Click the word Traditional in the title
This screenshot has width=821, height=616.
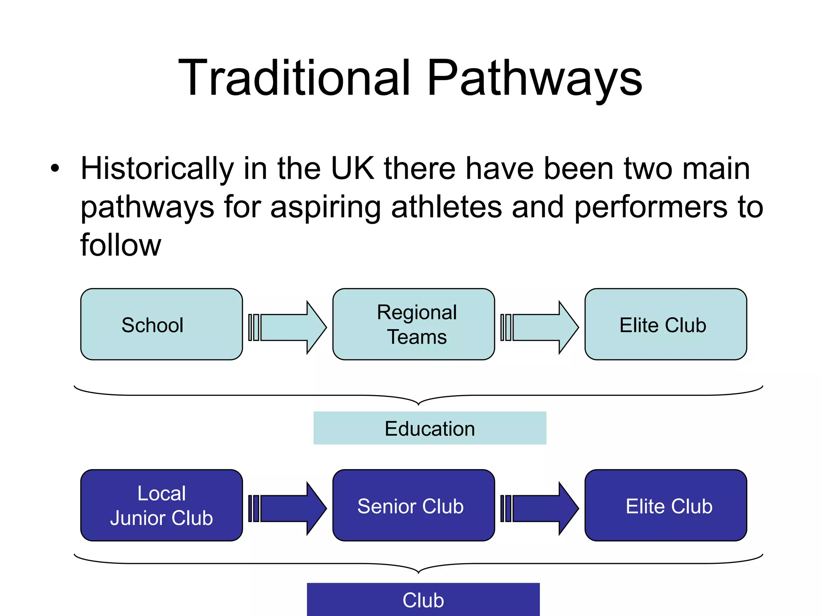[x=295, y=78]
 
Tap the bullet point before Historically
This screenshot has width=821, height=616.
[x=55, y=168]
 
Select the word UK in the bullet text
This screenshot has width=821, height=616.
[x=352, y=168]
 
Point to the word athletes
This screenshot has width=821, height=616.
[x=446, y=207]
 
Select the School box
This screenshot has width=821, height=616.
[x=161, y=324]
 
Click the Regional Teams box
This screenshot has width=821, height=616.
[x=413, y=324]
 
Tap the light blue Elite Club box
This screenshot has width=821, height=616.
[x=665, y=324]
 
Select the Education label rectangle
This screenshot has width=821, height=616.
[x=430, y=428]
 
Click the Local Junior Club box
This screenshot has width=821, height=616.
[x=161, y=505]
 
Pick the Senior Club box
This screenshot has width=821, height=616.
[x=413, y=505]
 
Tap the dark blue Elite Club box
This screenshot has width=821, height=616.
[x=665, y=505]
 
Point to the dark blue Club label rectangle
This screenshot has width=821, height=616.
[x=423, y=599]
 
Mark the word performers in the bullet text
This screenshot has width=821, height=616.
[x=651, y=207]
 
